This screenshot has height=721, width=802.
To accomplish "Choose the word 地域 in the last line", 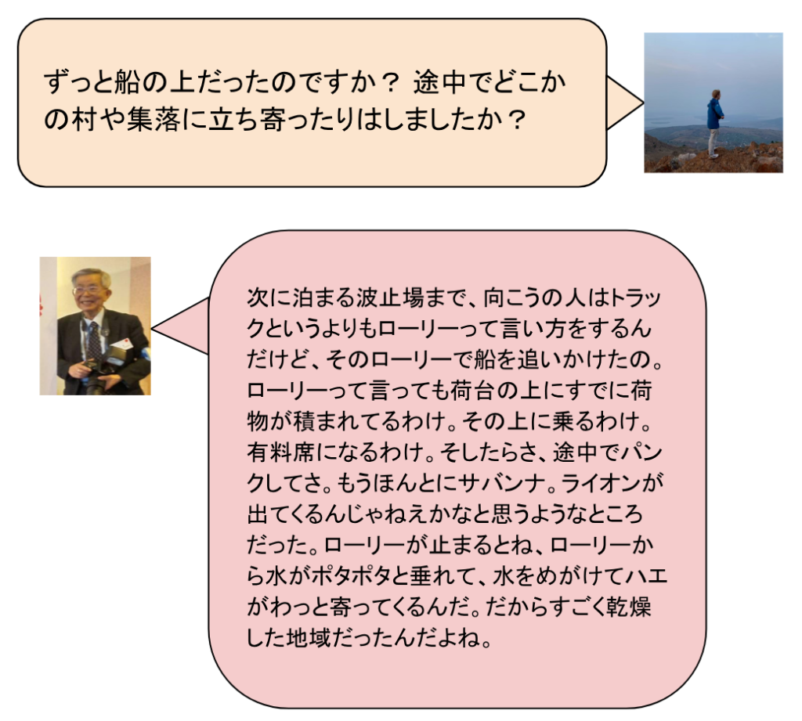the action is pos(307,638).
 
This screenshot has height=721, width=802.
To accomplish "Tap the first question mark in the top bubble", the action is pos(392,82).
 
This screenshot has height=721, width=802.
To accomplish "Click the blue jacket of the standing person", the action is pos(714,114).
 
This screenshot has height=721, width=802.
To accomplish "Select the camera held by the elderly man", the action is pos(96,373).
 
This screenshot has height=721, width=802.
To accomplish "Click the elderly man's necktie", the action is pos(94,340).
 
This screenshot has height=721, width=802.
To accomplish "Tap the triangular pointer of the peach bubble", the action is pos(624,103).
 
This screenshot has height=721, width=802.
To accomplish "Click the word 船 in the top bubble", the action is pos(128,82).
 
